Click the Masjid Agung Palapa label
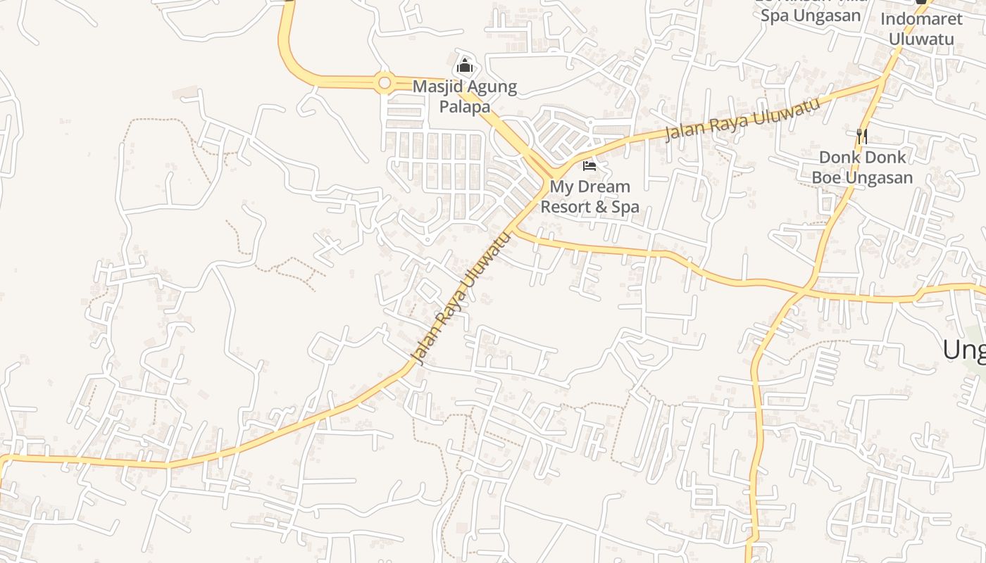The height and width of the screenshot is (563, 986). pos(465,97)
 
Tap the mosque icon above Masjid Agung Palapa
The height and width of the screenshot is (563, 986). pos(465,67)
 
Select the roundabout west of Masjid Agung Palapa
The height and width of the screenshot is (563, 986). pos(384,84)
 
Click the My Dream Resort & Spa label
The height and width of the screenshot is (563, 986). pos(589,196)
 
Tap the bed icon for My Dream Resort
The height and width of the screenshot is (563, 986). pos(589,166)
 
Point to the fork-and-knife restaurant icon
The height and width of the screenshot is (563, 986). pos(861,135)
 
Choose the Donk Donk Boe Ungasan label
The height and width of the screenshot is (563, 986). pos(862,167)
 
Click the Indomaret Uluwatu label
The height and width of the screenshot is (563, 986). pos(921,29)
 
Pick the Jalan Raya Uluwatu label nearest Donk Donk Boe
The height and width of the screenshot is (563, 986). pos(743,120)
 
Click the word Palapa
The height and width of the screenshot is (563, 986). pos(465,107)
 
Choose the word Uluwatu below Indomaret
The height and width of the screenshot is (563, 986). pos(921,39)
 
